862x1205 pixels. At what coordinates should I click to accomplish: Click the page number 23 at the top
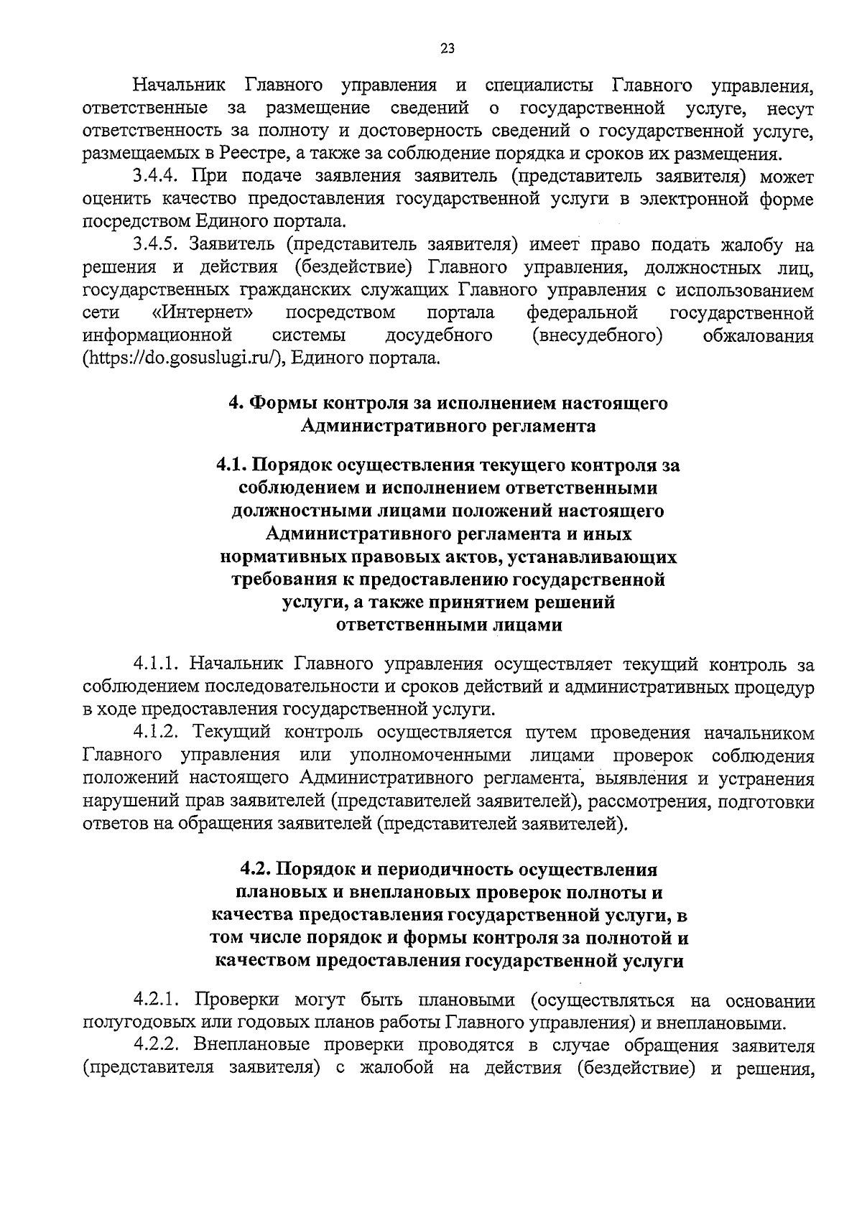[447, 49]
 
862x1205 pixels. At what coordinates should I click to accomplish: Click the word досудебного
[439, 335]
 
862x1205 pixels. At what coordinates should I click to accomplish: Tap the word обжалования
[759, 336]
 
